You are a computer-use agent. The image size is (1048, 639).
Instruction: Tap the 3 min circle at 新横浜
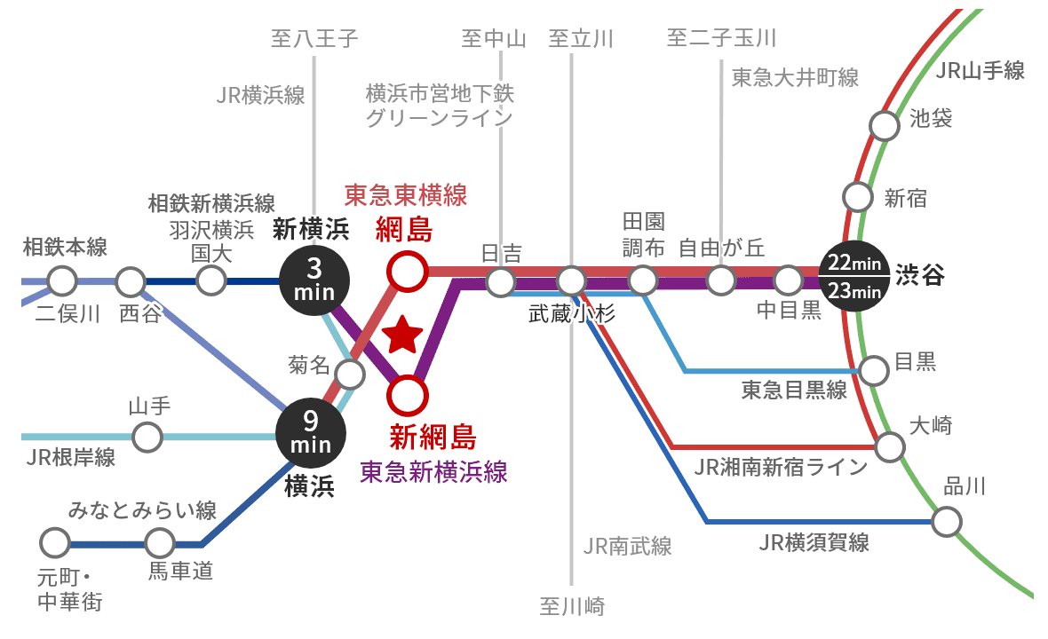click(x=314, y=280)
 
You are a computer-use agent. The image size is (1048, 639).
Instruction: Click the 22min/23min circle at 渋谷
click(x=853, y=277)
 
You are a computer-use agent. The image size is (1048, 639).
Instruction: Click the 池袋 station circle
click(x=884, y=125)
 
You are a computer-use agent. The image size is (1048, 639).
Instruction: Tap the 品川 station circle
click(x=947, y=520)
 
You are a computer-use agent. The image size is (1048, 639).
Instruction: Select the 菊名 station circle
click(x=349, y=374)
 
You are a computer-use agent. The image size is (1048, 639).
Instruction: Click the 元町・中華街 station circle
click(x=55, y=541)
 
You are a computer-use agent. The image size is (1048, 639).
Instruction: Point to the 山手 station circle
click(x=147, y=437)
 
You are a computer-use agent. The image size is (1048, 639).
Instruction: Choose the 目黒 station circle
click(x=874, y=369)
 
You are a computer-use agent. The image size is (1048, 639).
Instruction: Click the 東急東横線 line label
click(x=406, y=194)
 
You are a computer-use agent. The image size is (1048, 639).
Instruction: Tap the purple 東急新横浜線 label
click(x=433, y=471)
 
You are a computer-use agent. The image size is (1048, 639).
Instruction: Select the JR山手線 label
click(x=981, y=71)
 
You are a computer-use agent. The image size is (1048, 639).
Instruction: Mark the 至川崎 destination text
click(x=572, y=607)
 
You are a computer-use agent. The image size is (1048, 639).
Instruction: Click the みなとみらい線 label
click(x=143, y=510)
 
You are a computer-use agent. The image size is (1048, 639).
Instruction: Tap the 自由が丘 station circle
click(x=719, y=281)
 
